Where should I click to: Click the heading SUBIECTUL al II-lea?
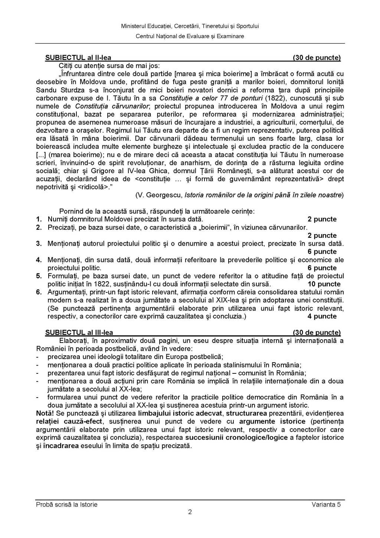point(78,58)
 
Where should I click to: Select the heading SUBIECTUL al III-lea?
point(79,333)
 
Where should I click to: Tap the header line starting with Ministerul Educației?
point(190,26)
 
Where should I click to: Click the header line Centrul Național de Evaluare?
point(190,36)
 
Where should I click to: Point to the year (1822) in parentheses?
point(274,98)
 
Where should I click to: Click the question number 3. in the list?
point(39,244)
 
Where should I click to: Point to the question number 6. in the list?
point(39,292)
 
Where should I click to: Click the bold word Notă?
point(45,414)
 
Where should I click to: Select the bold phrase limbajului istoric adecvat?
point(180,414)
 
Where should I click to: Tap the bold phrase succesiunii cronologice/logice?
point(236,438)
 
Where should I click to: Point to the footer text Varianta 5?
point(326,505)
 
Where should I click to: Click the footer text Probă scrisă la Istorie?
point(67,505)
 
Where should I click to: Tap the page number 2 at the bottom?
point(190,512)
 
